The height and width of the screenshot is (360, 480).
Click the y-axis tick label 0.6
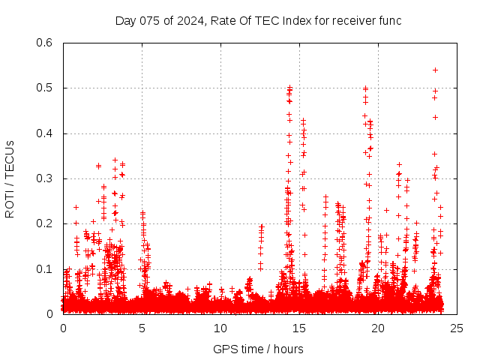pyautogui.click(x=46, y=43)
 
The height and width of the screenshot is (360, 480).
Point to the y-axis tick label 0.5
pyautogui.click(x=46, y=88)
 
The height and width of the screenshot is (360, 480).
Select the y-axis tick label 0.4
pyautogui.click(x=46, y=133)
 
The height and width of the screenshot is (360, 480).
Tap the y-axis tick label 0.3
pyautogui.click(x=46, y=178)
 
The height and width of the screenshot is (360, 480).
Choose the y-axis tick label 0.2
pyautogui.click(x=46, y=223)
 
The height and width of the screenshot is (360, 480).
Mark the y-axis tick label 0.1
pyautogui.click(x=46, y=268)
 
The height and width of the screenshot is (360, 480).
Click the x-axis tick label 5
pyautogui.click(x=142, y=328)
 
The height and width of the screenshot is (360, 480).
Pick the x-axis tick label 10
pyautogui.click(x=220, y=328)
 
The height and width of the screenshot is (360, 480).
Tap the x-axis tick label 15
pyautogui.click(x=299, y=328)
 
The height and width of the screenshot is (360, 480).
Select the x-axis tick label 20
pyautogui.click(x=378, y=328)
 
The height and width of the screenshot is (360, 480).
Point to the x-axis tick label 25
pyautogui.click(x=457, y=328)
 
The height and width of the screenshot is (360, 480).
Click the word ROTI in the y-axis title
pyautogui.click(x=10, y=203)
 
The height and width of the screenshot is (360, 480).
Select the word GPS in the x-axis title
pyautogui.click(x=224, y=349)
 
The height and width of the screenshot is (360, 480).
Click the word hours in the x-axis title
pyautogui.click(x=289, y=349)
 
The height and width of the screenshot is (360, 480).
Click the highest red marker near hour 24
pyautogui.click(x=435, y=70)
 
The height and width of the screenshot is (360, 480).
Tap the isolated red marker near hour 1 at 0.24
pyautogui.click(x=76, y=207)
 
